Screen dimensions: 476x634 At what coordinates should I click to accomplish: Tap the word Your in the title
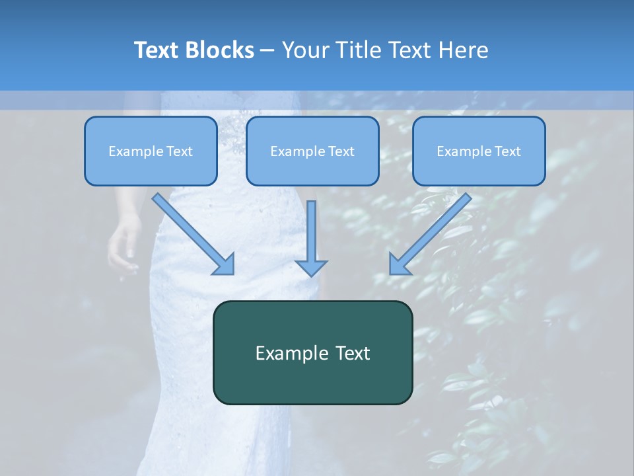pos(306,50)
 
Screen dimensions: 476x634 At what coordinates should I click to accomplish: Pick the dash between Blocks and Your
pos(267,51)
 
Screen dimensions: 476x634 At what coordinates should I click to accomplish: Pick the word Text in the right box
pos(507,151)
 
